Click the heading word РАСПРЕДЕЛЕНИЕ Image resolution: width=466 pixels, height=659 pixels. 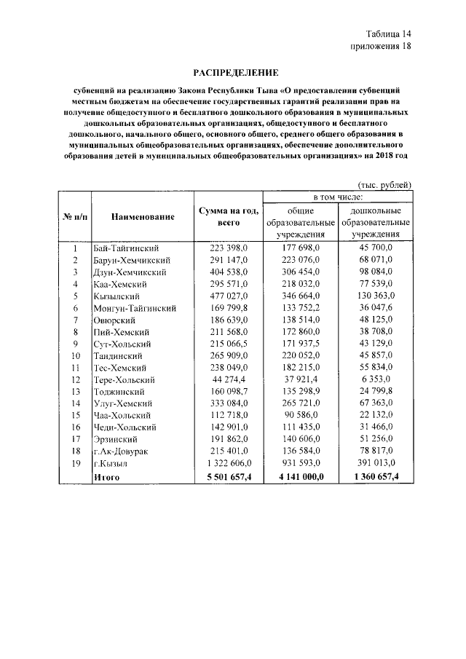point(235,73)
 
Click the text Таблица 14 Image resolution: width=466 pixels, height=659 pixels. point(387,34)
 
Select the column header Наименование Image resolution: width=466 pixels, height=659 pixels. point(143,216)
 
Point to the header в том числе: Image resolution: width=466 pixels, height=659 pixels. point(338,197)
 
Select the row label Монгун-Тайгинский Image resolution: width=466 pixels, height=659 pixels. point(136,308)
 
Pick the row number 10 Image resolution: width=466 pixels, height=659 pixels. point(74,356)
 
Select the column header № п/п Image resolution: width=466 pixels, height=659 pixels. point(74,216)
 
